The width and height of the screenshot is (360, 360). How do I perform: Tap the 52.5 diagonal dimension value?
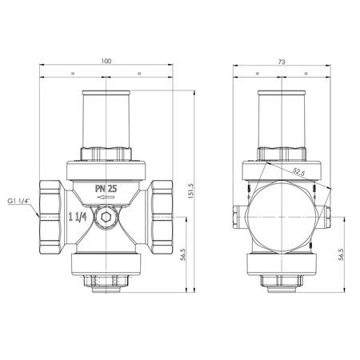click(x=299, y=172)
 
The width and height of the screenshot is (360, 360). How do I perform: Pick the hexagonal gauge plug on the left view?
click(x=106, y=218)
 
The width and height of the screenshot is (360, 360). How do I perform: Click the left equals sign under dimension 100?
click(x=73, y=74)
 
